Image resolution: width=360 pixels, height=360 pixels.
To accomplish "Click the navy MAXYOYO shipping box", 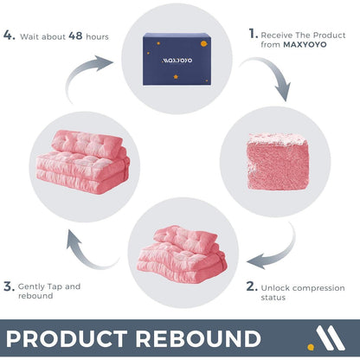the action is (x=177, y=59).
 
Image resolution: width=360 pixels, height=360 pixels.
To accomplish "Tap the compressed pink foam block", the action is (x=278, y=162).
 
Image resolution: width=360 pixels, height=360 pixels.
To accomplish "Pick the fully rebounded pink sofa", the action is (x=83, y=162).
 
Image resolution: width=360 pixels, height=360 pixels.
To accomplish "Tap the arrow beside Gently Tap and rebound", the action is (x=84, y=254).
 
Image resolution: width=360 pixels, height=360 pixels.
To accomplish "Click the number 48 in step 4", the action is (x=75, y=36).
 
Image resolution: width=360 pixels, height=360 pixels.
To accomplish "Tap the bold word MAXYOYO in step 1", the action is (x=305, y=45).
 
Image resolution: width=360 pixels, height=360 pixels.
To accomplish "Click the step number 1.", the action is (x=253, y=34).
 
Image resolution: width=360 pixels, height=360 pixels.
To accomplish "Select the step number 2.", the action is (x=252, y=286).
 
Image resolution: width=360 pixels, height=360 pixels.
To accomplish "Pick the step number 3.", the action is (x=9, y=286).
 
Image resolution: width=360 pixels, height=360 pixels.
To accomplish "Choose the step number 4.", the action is (x=9, y=35).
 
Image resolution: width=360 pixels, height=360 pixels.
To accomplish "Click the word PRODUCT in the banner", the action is (x=67, y=338).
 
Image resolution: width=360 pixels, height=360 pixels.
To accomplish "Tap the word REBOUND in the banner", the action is (x=198, y=338).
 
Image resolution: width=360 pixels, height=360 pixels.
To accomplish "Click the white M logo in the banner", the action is (x=331, y=337).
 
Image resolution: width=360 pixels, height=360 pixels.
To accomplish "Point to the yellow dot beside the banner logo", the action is (x=311, y=347).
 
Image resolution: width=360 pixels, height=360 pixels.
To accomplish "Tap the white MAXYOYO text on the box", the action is (x=177, y=61).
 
